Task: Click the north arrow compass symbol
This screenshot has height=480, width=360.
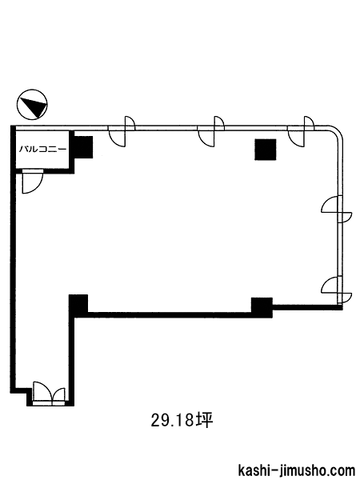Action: coord(32,105)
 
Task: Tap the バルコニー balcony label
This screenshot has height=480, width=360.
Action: coord(43,150)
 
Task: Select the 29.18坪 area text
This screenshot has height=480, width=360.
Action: coord(182,420)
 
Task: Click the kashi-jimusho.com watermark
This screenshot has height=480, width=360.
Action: coord(296,470)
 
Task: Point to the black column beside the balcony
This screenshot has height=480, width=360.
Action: coord(83,147)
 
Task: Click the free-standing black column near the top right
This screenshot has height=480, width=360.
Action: coord(266,150)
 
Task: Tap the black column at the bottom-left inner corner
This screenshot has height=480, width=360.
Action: coord(78,304)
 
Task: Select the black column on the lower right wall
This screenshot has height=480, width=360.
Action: coord(262,307)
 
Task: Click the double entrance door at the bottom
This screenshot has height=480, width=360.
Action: coord(49,394)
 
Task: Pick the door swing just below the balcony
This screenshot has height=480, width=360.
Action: coord(33,182)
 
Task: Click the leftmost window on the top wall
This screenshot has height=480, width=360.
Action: coord(122,131)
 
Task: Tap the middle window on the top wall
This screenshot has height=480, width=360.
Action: coord(211,131)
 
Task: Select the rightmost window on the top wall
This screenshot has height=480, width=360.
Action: coord(302,131)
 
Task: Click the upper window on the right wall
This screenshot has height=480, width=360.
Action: coord(337,210)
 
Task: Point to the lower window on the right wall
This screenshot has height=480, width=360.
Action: coord(337,290)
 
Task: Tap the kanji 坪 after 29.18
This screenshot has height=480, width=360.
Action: coord(205,420)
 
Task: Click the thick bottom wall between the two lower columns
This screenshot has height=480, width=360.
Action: coord(170,314)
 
